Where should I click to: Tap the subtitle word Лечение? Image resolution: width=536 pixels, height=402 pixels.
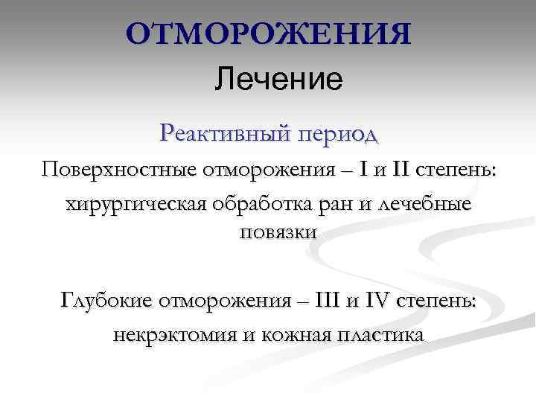click(278, 79)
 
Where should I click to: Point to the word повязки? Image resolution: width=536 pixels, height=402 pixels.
click(278, 232)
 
